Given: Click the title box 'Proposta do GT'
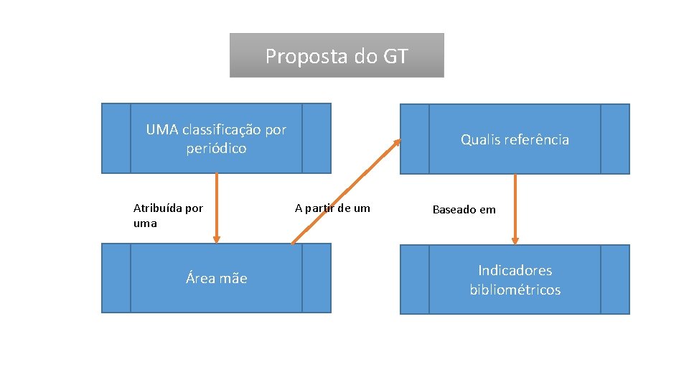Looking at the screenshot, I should [337, 55].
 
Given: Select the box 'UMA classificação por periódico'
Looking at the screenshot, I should [216, 139].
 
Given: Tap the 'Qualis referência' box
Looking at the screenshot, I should [515, 139].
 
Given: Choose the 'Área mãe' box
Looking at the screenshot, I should [216, 278].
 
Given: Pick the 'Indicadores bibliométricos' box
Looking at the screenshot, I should [515, 280].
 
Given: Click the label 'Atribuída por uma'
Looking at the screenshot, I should [169, 216].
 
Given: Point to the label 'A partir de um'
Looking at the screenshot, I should [332, 208].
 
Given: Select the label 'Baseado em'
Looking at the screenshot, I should [464, 210].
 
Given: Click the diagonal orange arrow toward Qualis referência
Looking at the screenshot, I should [346, 191].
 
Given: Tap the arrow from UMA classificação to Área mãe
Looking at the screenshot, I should [217, 208].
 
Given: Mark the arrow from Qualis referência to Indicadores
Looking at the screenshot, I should [515, 209].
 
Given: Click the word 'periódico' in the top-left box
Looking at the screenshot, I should [216, 149].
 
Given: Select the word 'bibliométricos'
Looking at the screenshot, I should [515, 290].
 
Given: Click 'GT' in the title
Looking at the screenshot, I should [395, 56].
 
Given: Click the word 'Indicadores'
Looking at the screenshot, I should [515, 270].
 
